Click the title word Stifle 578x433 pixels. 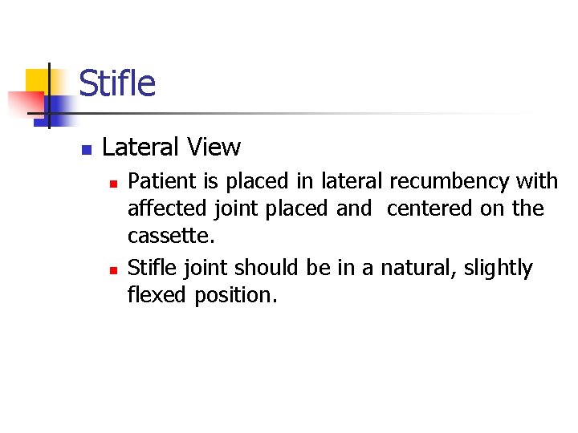click(117, 83)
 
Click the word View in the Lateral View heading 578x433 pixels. click(214, 147)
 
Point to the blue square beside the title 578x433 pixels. click(60, 107)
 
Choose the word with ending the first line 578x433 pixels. click(537, 181)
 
